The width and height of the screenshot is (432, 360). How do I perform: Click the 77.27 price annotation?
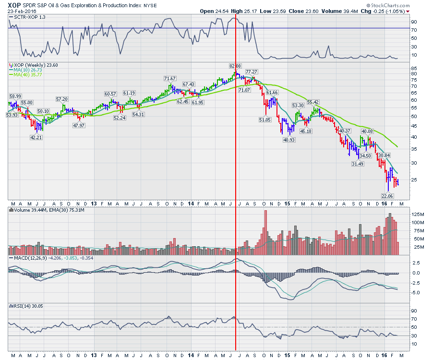[252, 72]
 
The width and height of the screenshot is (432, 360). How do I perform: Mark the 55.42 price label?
[312, 102]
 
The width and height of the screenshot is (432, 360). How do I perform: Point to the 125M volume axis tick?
[417, 214]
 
